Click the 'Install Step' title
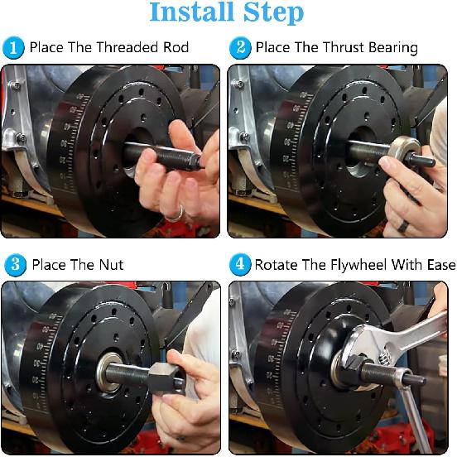[x=226, y=13]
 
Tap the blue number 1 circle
[x=14, y=47]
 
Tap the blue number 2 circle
[x=240, y=47]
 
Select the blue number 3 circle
[x=14, y=265]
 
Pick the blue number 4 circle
[x=240, y=265]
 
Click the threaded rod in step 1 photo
[x=157, y=154]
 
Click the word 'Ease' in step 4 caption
[x=440, y=265]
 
